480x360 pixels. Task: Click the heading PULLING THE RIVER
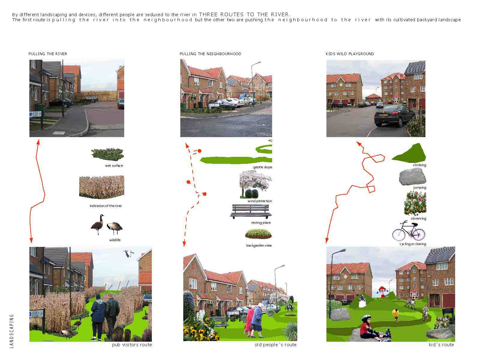48,54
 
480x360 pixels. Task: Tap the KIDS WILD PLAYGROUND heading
350,54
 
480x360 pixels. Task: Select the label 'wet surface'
114,166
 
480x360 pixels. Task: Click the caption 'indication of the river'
106,206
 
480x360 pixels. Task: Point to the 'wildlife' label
115,240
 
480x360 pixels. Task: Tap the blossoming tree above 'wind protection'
255,184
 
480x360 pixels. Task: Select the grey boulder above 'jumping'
412,177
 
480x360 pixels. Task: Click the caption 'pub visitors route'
132,345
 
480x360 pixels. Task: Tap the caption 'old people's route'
275,345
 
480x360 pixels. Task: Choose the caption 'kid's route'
441,345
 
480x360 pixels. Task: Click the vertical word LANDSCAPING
12,331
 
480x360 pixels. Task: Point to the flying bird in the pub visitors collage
128,254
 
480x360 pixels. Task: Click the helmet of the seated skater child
367,318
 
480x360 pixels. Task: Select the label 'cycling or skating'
413,244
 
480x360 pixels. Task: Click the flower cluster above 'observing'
415,203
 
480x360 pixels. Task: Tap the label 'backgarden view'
259,245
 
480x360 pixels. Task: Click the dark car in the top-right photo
394,115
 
